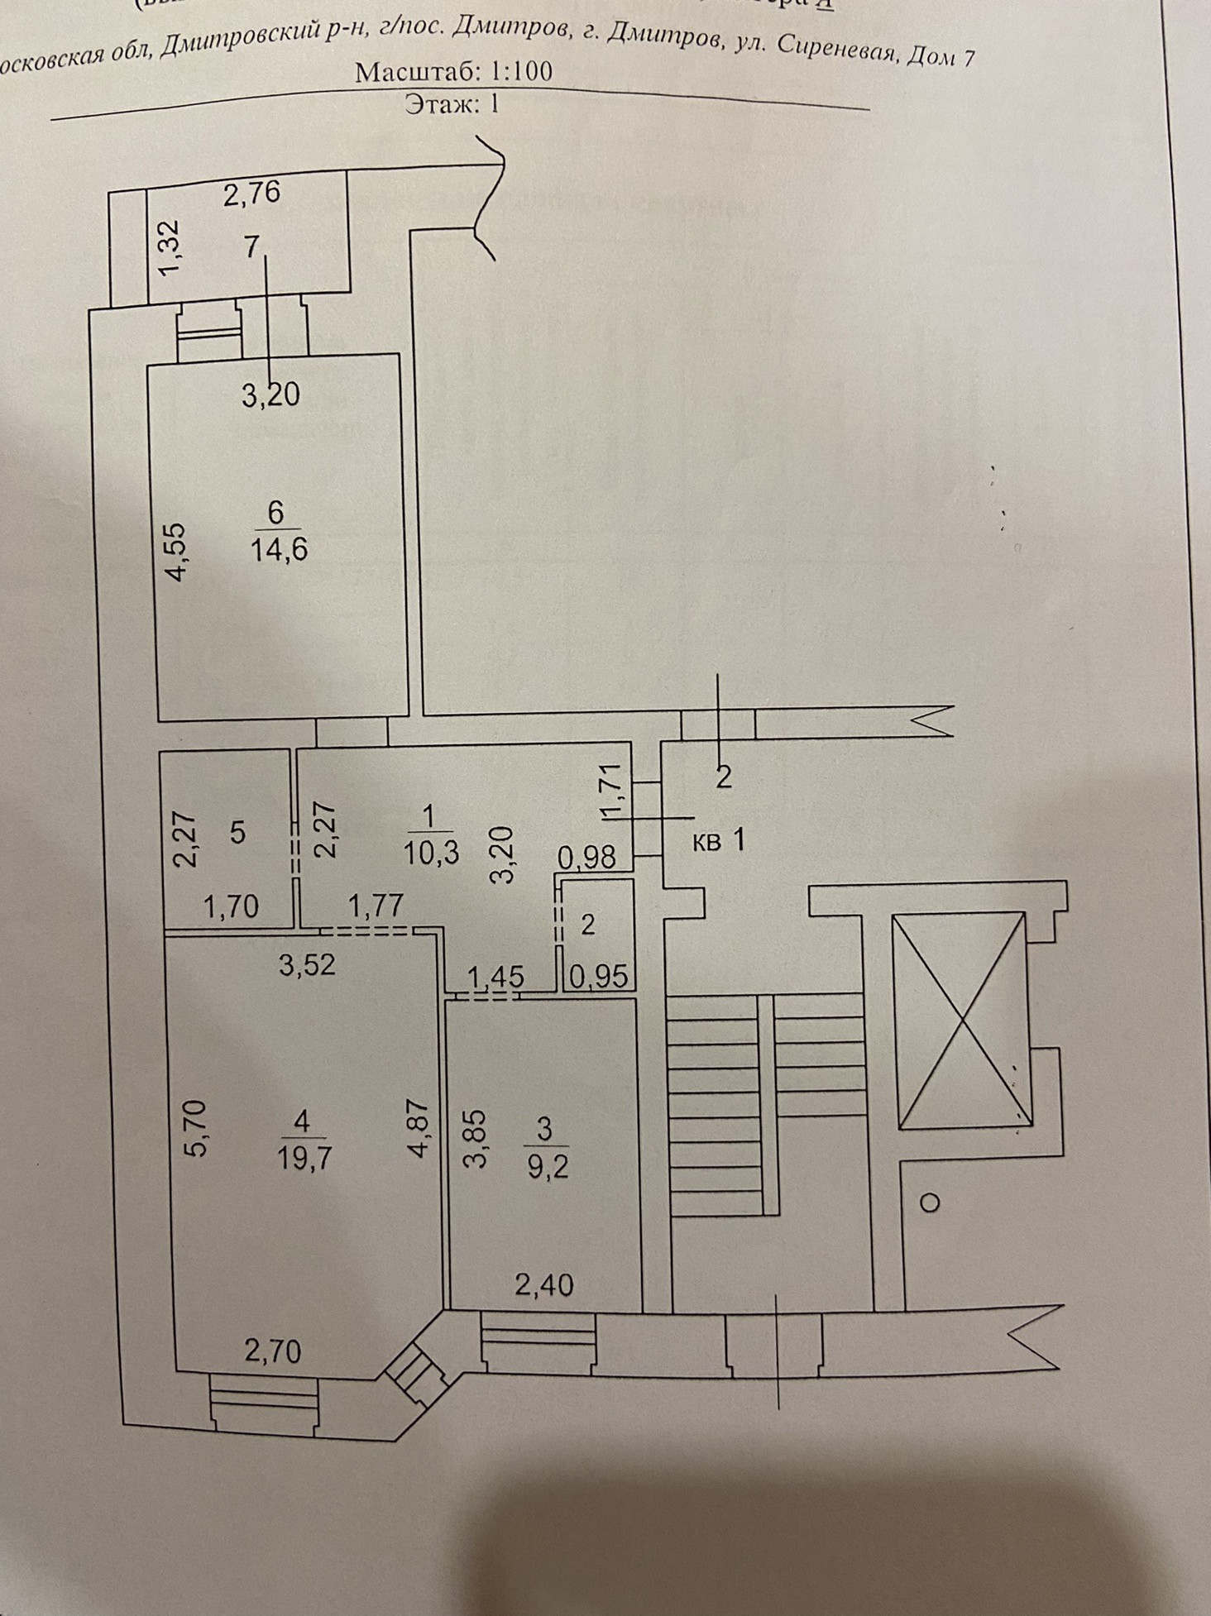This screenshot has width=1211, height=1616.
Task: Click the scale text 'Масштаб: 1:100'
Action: (453, 72)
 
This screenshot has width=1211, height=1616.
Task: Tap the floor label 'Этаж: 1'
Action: (452, 104)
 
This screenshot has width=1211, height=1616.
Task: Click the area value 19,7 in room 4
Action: (304, 1158)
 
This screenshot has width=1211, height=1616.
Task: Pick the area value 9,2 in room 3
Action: (547, 1166)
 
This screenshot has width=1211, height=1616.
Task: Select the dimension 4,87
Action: (419, 1128)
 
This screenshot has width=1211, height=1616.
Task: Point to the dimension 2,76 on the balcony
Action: (252, 194)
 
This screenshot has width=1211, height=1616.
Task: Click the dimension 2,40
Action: (543, 1284)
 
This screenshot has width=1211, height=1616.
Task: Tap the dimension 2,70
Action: (272, 1351)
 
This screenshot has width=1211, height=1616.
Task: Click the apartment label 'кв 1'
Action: (718, 842)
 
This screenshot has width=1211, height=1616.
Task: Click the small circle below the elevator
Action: (930, 1202)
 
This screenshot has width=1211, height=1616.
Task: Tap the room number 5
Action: (237, 832)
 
